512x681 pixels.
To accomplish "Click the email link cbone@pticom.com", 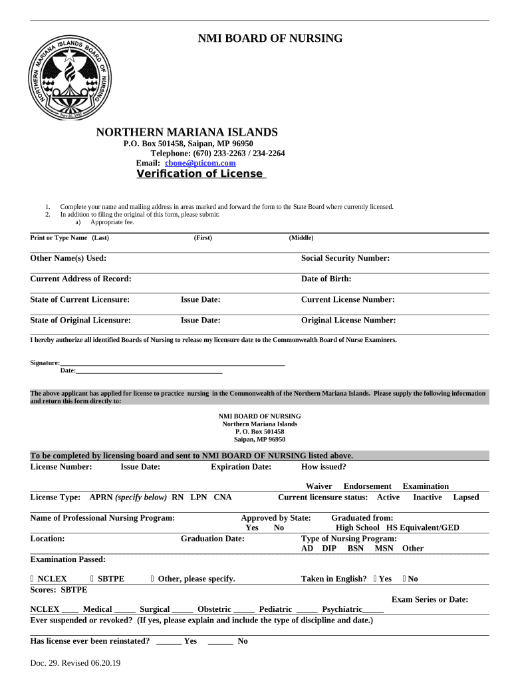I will click(x=199, y=163).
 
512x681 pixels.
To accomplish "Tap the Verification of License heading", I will click(x=199, y=174).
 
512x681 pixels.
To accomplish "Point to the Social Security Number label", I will click(x=345, y=258).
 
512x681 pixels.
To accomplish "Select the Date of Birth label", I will click(x=326, y=279).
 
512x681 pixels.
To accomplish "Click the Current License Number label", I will click(x=348, y=299).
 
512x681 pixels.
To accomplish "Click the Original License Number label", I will click(x=348, y=320).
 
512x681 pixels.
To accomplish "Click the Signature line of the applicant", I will click(x=173, y=362).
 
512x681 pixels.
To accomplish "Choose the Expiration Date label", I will click(x=241, y=466).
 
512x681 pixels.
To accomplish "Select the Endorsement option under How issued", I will click(x=367, y=486).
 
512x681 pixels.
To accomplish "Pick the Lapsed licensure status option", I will click(x=465, y=497).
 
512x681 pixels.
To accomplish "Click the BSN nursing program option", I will click(x=356, y=548).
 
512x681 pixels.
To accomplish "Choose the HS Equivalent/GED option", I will click(x=423, y=527).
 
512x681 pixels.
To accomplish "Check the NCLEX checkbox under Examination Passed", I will click(x=33, y=579).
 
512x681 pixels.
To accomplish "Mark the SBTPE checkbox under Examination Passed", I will click(x=92, y=579).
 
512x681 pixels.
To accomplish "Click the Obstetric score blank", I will click(x=243, y=609).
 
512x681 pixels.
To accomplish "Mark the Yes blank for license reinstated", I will click(x=169, y=641).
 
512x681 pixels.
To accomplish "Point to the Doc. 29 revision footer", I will click(x=75, y=663).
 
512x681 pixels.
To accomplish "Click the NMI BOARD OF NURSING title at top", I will click(x=270, y=39).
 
